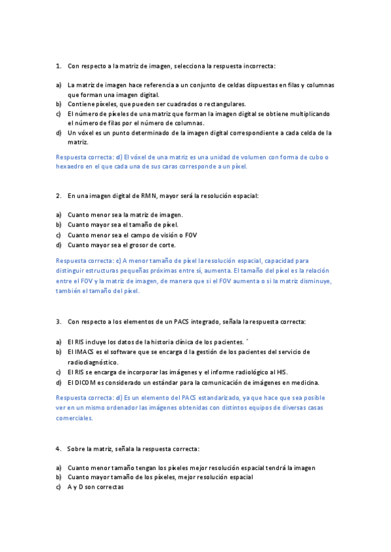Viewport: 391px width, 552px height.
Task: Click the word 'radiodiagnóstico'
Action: pyautogui.click(x=93, y=362)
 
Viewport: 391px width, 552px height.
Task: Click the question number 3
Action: pyautogui.click(x=59, y=322)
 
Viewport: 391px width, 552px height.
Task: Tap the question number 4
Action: pyautogui.click(x=59, y=448)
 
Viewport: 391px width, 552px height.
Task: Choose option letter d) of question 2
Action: pyautogui.click(x=59, y=245)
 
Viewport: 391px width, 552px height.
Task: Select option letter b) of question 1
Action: pyautogui.click(x=59, y=104)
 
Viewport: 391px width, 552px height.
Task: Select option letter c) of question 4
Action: pyautogui.click(x=59, y=487)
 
